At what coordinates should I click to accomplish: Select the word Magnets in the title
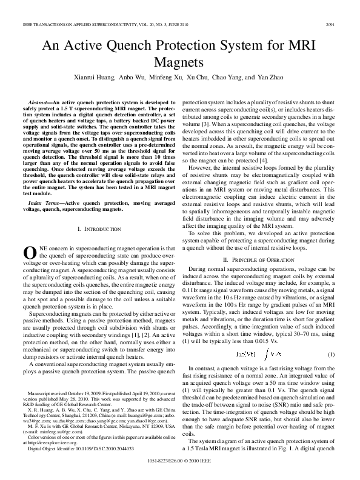point(179,61)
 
